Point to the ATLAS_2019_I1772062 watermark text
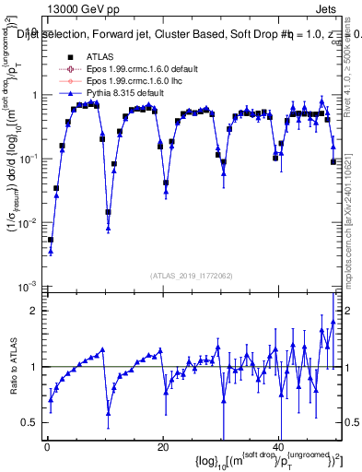(193, 276)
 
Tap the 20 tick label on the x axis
(163, 447)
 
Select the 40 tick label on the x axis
(279, 447)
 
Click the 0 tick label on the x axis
(47, 447)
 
